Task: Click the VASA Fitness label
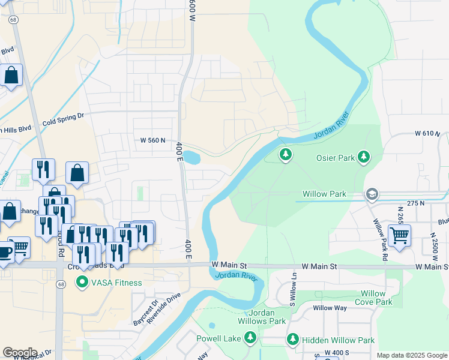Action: click(116, 283)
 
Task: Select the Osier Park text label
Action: click(335, 158)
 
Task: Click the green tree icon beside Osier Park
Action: click(363, 157)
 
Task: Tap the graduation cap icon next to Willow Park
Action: click(372, 194)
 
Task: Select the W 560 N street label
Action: click(152, 140)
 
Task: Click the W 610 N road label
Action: click(427, 133)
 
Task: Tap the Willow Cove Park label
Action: click(372, 298)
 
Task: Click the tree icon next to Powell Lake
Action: click(251, 339)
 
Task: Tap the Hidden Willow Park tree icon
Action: click(292, 340)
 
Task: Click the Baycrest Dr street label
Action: click(144, 313)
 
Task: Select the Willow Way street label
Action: click(330, 308)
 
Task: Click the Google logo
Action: click(20, 352)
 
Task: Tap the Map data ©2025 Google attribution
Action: click(411, 355)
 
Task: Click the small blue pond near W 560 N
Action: click(191, 158)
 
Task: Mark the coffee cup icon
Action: click(5, 251)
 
